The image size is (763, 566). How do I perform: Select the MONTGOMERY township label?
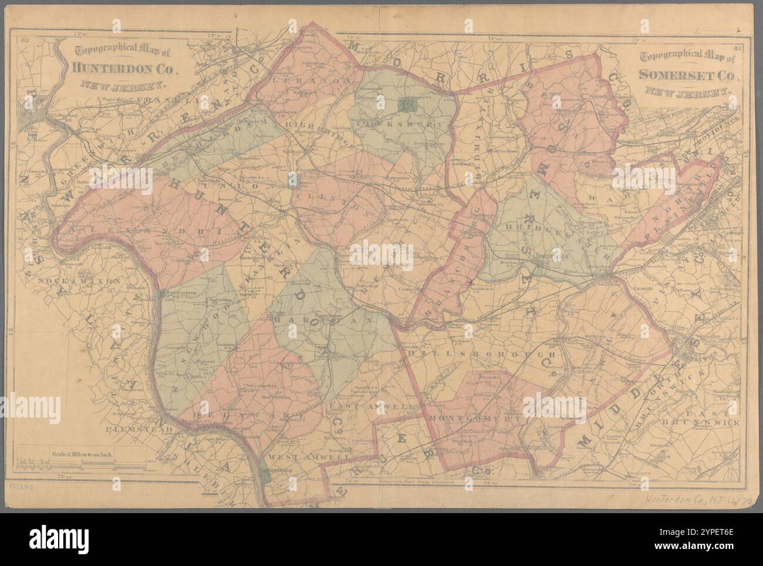click(x=475, y=419)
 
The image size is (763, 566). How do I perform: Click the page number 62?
click(x=25, y=41)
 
